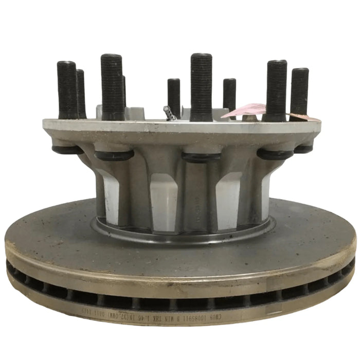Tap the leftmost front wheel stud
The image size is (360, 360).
click(x=66, y=90)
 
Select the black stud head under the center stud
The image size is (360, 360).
click(x=201, y=157)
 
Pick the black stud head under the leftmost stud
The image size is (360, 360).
click(x=67, y=150)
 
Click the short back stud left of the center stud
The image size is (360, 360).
click(x=174, y=96)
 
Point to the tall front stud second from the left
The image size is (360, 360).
click(x=112, y=86)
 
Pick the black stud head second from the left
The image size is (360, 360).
click(x=114, y=155)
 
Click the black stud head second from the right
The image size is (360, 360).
click(x=275, y=154)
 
